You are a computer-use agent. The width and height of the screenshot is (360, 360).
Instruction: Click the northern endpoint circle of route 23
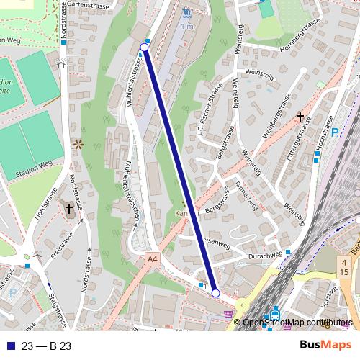click(x=144, y=48)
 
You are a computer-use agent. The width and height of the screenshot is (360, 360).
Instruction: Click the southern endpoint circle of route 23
click(x=215, y=293)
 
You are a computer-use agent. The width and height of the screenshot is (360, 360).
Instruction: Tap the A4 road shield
click(x=151, y=257)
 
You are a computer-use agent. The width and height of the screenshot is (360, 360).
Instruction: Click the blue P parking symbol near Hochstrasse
click(x=335, y=132)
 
